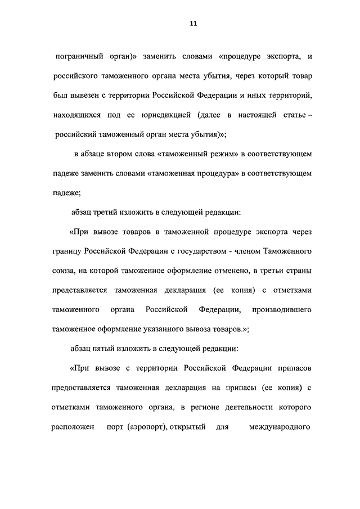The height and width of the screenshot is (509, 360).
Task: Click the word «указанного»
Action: coord(169,330)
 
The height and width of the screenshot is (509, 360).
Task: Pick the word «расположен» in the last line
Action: coord(72,427)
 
